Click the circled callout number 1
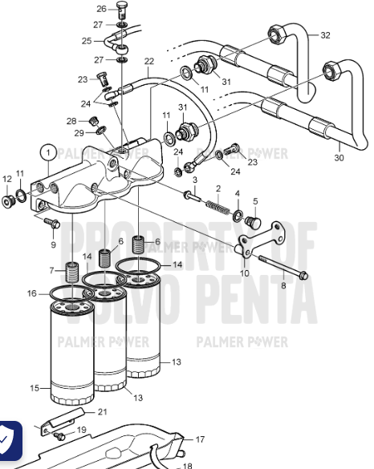point(49,152)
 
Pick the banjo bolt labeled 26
point(123,11)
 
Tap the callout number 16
point(32,293)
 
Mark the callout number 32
point(325,35)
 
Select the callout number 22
point(148,62)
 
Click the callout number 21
point(102,412)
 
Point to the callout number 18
point(187,464)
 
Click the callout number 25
point(87,40)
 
